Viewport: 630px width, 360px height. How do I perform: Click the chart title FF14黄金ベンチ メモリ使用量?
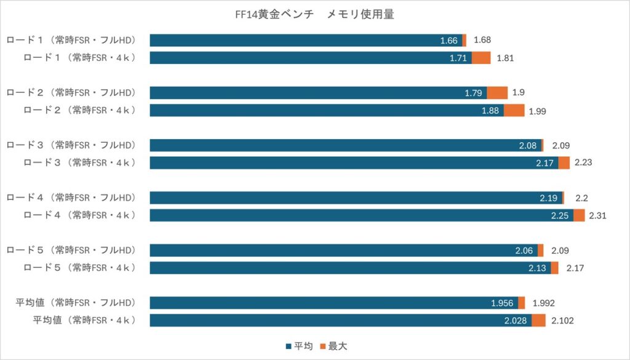(x=314, y=14)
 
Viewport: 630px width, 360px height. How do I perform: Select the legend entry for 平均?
(x=300, y=346)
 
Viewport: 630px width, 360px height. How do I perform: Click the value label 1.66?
(x=449, y=41)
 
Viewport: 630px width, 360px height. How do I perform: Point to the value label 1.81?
(x=505, y=58)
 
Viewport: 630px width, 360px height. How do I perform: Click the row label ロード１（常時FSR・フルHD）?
(x=79, y=41)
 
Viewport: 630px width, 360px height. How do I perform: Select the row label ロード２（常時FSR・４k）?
(x=79, y=110)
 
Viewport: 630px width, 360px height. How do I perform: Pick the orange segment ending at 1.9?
(x=497, y=93)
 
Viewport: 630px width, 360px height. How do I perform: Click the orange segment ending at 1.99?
(x=514, y=110)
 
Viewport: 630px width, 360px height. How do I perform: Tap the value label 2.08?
(x=528, y=145)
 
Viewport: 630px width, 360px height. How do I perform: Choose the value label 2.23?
(x=583, y=162)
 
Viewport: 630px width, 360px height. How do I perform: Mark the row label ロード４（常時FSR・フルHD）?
(x=79, y=198)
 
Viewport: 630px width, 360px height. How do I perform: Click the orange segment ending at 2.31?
(x=579, y=215)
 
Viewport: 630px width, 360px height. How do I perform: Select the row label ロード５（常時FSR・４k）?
(x=79, y=268)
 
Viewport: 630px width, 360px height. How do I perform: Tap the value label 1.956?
(x=503, y=303)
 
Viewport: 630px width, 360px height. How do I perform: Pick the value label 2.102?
(x=562, y=321)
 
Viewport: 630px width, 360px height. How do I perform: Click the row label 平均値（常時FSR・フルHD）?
(x=84, y=303)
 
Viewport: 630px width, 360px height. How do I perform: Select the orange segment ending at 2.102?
(x=538, y=321)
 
